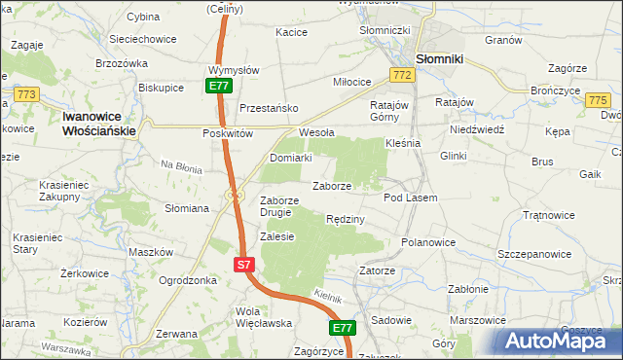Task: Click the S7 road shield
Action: pyautogui.click(x=244, y=264)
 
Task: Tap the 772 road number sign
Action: pyautogui.click(x=401, y=75)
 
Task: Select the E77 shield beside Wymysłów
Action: pyautogui.click(x=218, y=86)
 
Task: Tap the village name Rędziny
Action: pyautogui.click(x=346, y=219)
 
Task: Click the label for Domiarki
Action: pyautogui.click(x=290, y=157)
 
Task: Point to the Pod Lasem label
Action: pyautogui.click(x=411, y=198)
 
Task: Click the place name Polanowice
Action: pyautogui.click(x=428, y=241)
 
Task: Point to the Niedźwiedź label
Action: pyautogui.click(x=476, y=128)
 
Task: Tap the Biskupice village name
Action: pyautogui.click(x=162, y=87)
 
